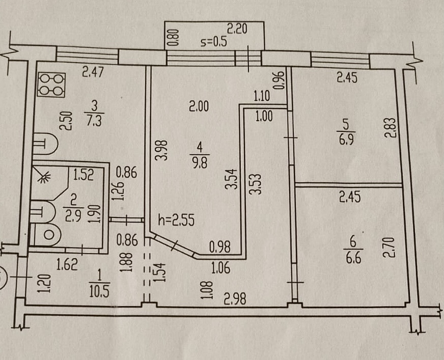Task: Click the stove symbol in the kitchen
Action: [51, 85]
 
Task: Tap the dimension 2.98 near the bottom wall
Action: [234, 299]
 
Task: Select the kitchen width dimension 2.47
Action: [93, 73]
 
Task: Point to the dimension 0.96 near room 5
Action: [279, 80]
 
